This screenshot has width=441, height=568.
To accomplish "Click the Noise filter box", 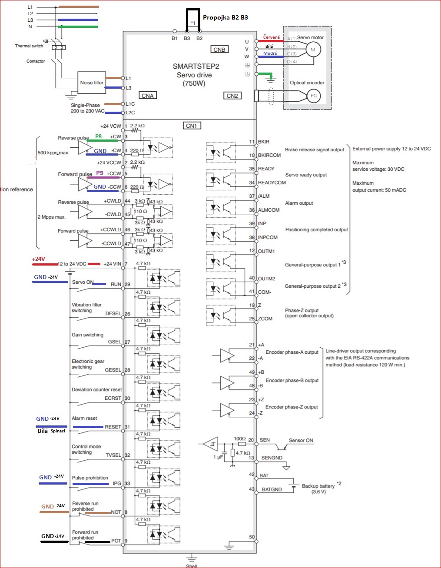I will [92, 83].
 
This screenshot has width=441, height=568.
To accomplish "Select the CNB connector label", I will [219, 50].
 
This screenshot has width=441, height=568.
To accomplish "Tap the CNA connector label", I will [148, 96].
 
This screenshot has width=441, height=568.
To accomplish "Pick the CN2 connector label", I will [232, 96].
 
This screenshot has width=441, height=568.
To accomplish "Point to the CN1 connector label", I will [192, 126].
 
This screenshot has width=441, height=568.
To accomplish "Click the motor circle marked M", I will [313, 50].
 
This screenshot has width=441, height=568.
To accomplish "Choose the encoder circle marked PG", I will [313, 96].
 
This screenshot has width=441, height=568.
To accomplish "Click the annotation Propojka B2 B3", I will [225, 17].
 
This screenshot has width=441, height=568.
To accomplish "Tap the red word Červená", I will [272, 37].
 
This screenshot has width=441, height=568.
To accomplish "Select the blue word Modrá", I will [270, 53].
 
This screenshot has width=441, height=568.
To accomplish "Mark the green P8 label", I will [99, 136].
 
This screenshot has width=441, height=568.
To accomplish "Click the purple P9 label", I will [100, 173].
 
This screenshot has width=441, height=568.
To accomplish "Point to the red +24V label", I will [39, 259].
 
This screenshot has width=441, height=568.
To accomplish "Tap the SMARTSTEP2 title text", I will [196, 66].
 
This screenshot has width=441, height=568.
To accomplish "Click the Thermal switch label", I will [29, 46].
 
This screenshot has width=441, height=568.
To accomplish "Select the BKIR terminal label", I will [264, 142].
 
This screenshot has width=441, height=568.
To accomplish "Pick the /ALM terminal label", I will [264, 196].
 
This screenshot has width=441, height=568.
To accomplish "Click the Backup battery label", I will [318, 486].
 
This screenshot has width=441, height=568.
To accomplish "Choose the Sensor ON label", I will [301, 440].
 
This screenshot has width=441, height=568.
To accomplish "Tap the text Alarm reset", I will [84, 418].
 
